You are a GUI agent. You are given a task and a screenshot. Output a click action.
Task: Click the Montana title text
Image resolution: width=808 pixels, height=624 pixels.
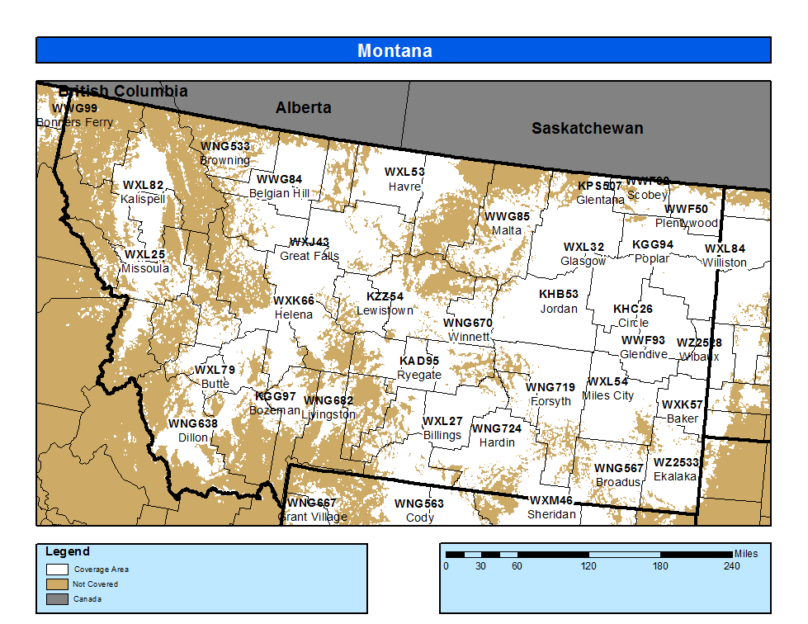click(x=395, y=51)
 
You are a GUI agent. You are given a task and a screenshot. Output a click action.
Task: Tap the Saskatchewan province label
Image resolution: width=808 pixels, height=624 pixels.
click(x=587, y=128)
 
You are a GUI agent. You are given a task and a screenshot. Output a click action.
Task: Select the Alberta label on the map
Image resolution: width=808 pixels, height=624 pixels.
click(x=303, y=108)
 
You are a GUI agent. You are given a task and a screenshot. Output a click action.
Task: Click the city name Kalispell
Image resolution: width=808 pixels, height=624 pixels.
click(x=143, y=199)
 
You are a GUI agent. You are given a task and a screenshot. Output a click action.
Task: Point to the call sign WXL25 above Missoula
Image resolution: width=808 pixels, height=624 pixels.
click(x=144, y=254)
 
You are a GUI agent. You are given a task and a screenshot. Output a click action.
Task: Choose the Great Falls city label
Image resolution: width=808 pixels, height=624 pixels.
click(x=309, y=256)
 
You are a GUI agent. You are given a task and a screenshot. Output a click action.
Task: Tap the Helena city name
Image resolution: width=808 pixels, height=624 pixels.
click(x=294, y=314)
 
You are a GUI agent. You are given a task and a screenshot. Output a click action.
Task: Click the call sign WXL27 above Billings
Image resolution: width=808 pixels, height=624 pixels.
click(x=442, y=421)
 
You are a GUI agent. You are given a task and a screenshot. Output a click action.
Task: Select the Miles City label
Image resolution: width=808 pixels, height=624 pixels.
click(x=607, y=395)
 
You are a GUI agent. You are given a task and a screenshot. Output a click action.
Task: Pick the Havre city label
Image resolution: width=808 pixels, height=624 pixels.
click(x=404, y=187)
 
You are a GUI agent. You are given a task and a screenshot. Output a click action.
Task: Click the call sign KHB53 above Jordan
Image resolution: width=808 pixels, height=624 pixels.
click(x=559, y=295)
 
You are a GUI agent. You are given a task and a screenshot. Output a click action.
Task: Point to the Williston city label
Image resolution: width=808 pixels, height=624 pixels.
click(x=725, y=262)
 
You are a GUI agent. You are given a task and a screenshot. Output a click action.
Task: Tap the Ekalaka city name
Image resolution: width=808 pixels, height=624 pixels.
click(x=674, y=476)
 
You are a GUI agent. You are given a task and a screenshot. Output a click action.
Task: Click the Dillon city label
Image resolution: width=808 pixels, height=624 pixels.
click(x=193, y=437)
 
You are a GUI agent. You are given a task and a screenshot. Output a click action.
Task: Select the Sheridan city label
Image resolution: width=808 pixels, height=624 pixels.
click(x=551, y=514)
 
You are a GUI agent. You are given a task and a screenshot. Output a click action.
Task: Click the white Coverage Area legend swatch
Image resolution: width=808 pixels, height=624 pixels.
click(x=57, y=569)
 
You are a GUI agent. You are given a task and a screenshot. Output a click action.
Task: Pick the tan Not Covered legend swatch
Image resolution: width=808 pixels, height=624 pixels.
click(x=57, y=584)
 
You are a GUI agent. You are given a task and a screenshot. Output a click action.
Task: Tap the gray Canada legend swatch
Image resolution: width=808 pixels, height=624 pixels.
click(x=57, y=598)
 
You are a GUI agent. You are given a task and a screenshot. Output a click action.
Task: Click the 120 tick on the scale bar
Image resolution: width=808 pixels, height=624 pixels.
click(x=588, y=566)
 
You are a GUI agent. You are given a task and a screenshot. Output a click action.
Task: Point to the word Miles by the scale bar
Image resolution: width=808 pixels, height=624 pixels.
click(x=745, y=554)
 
